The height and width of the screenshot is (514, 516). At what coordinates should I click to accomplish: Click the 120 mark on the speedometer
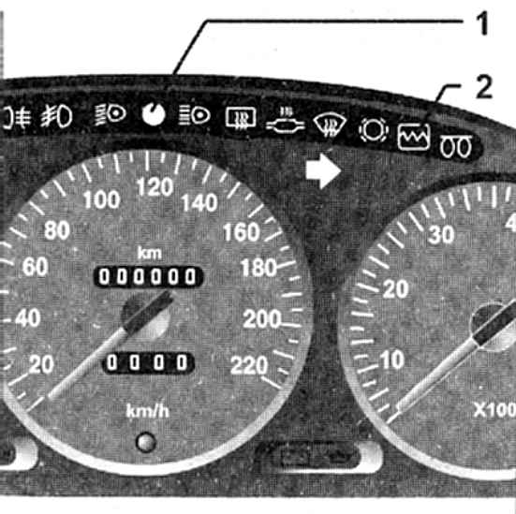point(155,187)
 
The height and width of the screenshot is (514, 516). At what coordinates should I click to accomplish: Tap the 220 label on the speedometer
point(249,365)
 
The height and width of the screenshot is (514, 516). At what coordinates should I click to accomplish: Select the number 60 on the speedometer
point(36,267)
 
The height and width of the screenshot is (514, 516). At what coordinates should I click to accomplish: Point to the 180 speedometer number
point(258,268)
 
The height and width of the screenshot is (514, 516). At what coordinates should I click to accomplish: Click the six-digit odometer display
point(148,276)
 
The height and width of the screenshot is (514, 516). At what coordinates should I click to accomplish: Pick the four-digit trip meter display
point(149,363)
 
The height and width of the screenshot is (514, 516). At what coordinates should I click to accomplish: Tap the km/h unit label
point(148,411)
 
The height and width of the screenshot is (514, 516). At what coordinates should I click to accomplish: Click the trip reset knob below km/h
point(146,442)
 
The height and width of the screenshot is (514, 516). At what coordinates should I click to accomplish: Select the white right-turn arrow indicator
point(323,171)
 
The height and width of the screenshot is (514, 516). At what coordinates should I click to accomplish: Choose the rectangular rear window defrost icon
point(241,117)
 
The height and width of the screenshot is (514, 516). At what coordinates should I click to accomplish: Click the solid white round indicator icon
point(154,114)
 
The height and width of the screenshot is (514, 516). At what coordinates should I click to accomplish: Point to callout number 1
point(482,23)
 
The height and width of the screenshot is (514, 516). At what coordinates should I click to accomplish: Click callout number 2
point(484,86)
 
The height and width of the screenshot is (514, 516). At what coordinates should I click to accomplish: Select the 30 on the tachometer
point(441,235)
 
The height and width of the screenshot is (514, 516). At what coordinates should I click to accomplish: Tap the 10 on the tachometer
point(392,360)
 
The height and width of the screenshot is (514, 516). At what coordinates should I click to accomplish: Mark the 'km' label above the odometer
point(150,254)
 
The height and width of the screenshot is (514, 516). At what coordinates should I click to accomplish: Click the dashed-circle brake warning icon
point(374,130)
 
